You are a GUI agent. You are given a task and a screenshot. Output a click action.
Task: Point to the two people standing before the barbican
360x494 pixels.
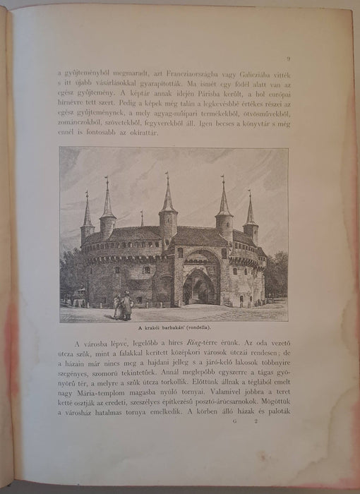tap(123, 306)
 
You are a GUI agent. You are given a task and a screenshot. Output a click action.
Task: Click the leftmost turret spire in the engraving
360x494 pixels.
tap(87, 212)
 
